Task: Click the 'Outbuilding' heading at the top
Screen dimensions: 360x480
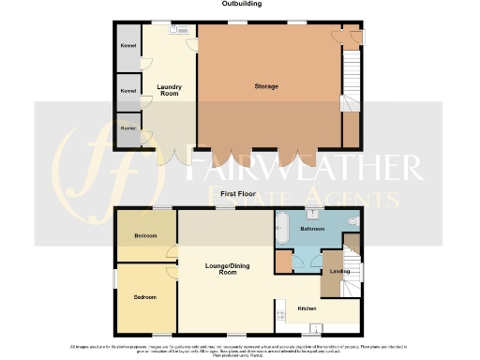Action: pyautogui.click(x=241, y=5)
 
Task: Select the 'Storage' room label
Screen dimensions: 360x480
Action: pyautogui.click(x=266, y=86)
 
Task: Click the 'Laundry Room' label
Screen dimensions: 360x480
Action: pyautogui.click(x=170, y=91)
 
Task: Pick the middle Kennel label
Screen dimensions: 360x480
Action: pyautogui.click(x=127, y=91)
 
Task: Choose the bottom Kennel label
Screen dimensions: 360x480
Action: pyautogui.click(x=127, y=127)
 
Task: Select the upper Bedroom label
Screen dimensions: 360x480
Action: pyautogui.click(x=144, y=234)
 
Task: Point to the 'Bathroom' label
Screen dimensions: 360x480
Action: pyautogui.click(x=312, y=229)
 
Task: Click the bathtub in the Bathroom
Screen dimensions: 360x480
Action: pyautogui.click(x=280, y=228)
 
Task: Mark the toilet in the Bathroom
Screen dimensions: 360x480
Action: pyautogui.click(x=352, y=221)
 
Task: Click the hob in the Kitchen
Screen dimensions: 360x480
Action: pyautogui.click(x=279, y=315)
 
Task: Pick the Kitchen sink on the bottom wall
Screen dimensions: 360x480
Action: pyautogui.click(x=316, y=327)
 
